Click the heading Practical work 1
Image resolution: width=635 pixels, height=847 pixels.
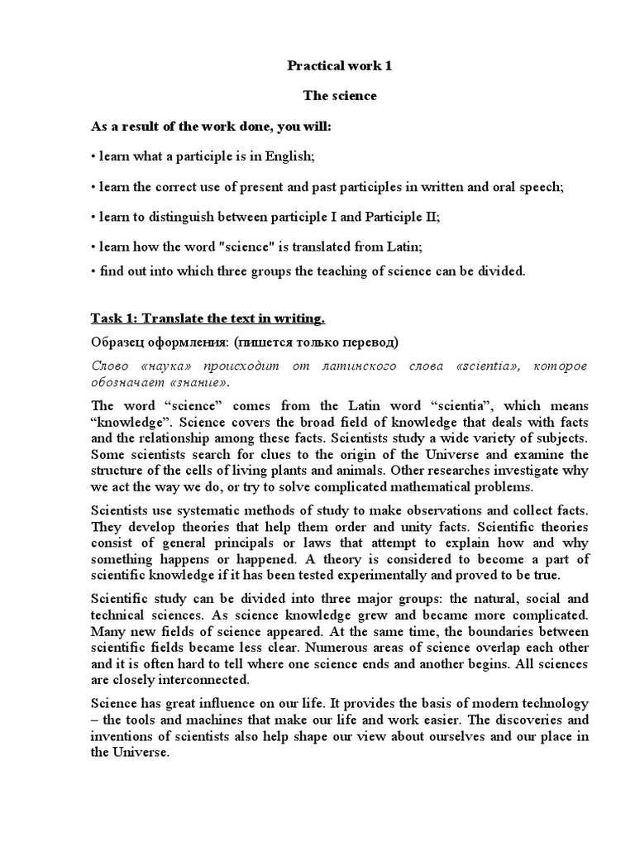(x=339, y=65)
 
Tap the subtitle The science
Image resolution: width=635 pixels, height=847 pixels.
(x=339, y=96)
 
